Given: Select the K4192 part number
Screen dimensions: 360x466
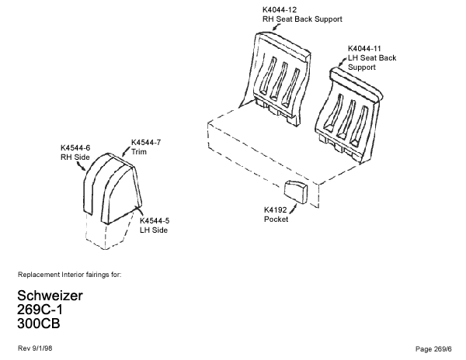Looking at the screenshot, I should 276,209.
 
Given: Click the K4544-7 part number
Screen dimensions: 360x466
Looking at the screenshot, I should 145,143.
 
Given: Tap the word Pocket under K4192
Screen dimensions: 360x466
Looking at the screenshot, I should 276,220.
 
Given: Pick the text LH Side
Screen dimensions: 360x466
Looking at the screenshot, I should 154,230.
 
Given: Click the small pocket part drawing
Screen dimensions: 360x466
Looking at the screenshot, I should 295,191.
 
